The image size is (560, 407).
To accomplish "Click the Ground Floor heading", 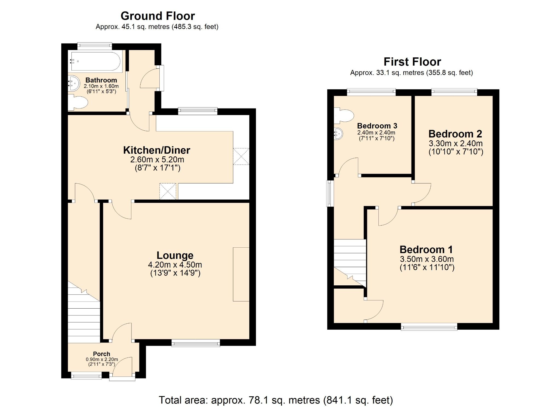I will [x=157, y=16].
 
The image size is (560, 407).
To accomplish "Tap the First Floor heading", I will [x=412, y=62].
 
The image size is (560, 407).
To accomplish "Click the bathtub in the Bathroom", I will [x=95, y=62].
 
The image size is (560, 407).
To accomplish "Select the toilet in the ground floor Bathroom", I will [x=79, y=103].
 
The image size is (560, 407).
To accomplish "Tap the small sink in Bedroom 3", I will [x=338, y=134].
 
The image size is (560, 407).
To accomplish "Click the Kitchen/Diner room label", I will [x=156, y=150].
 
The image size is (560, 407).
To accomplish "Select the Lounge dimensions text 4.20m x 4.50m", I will [x=175, y=265].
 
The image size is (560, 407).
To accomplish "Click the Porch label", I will [x=101, y=354].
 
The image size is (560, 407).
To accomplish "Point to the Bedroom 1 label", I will [x=426, y=250].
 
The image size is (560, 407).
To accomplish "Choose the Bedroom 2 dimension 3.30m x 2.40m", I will [x=456, y=143].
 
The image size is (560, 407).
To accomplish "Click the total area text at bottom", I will [x=276, y=400].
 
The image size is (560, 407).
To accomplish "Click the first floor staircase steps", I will [x=350, y=257].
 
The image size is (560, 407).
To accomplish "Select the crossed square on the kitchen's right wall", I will [x=241, y=156].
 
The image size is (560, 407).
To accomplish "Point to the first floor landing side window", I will [x=330, y=193].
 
